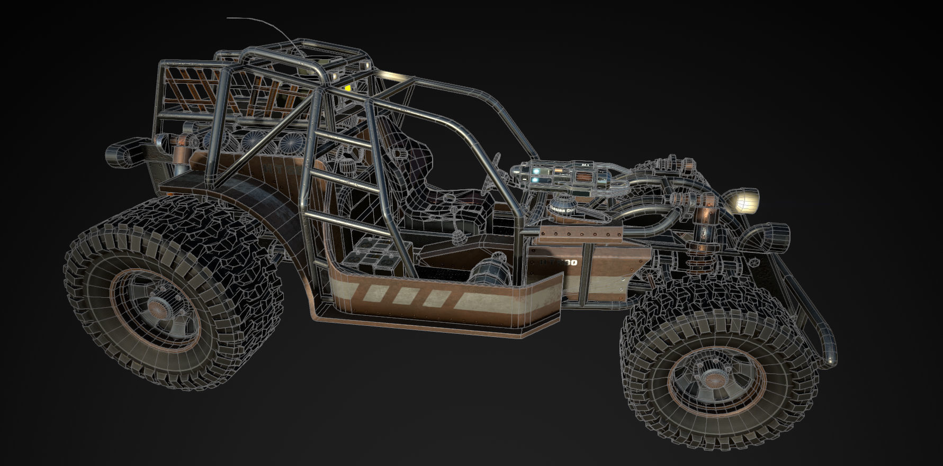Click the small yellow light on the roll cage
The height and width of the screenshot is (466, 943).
click(348, 88)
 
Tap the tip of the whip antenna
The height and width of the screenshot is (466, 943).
click(228, 18)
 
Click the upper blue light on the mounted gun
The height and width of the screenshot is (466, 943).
click(537, 171)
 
